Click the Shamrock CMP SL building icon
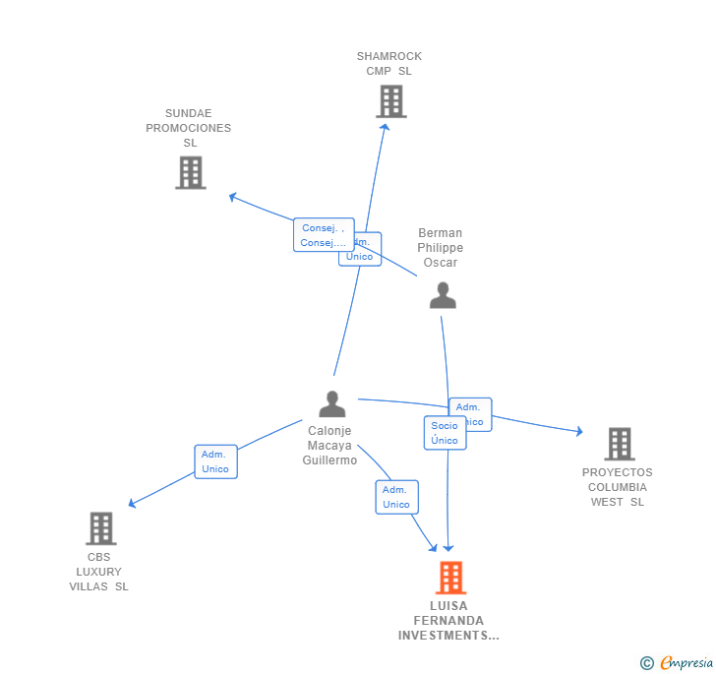click(x=390, y=101)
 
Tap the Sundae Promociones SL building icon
click(x=190, y=172)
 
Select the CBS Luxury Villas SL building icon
click(x=100, y=528)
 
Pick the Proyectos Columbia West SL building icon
click(x=619, y=444)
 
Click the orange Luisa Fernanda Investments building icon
click(x=450, y=578)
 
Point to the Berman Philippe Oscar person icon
click(x=443, y=295)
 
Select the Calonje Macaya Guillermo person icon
click(x=332, y=403)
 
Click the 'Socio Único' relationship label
click(x=445, y=433)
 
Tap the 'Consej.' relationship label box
click(x=323, y=235)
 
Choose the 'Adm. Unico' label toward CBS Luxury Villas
click(x=215, y=461)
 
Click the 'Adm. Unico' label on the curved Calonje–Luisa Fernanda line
click(x=396, y=497)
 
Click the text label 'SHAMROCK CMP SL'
click(x=389, y=64)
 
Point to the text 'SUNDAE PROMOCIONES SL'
click(x=189, y=128)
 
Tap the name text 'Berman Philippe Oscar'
click(x=441, y=248)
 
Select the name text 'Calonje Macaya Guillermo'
click(x=330, y=446)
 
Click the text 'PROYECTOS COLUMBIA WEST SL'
click(x=617, y=487)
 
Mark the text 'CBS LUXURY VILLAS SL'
click(x=99, y=572)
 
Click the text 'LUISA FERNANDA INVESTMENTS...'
click(x=448, y=621)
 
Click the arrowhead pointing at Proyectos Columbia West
click(x=578, y=431)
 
